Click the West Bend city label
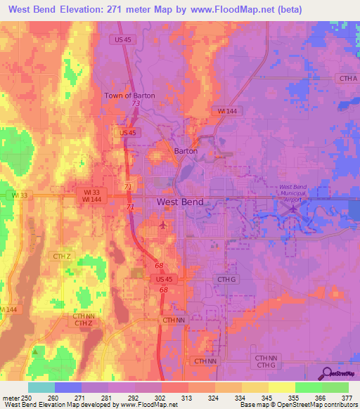click(180, 202)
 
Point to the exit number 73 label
click(134, 104)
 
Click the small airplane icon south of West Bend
click(164, 225)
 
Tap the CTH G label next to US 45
click(226, 279)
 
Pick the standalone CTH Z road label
click(63, 257)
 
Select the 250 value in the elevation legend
click(27, 398)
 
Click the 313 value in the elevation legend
click(188, 398)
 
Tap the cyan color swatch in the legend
click(41, 387)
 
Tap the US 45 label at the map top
click(122, 39)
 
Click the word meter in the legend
click(10, 398)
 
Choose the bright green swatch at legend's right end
click(335, 387)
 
